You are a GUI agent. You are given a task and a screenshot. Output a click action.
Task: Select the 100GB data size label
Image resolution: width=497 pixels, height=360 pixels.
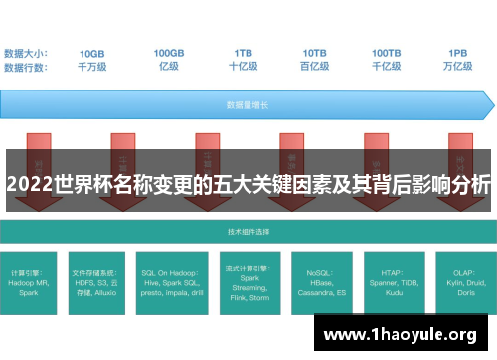168,53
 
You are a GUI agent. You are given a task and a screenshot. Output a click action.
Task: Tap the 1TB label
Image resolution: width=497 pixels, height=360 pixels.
243,53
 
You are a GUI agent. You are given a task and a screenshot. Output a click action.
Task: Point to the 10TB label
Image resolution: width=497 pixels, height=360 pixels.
314,53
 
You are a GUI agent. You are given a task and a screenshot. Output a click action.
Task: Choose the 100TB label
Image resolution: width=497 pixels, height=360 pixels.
387,53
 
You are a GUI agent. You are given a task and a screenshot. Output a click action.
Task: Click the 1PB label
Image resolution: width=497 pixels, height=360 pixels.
458,53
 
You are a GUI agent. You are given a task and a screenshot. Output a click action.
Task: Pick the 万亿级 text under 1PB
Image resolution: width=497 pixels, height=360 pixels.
458,66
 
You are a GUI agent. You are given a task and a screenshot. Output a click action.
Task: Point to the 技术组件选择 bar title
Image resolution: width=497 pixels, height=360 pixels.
248,230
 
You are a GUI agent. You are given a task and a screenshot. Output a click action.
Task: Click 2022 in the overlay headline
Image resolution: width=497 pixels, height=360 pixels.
28,184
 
